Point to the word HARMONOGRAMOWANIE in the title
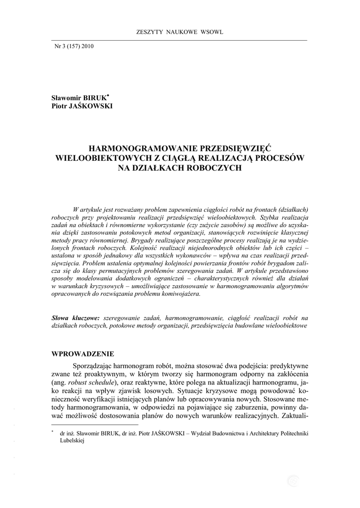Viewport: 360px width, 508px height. (139, 148)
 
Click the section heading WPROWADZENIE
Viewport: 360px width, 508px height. (83, 354)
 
